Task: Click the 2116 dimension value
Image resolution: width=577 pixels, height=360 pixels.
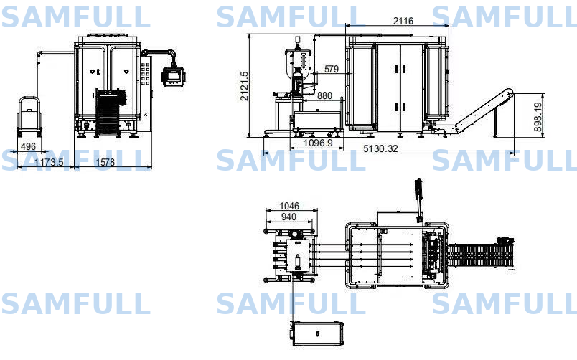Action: [x=403, y=21]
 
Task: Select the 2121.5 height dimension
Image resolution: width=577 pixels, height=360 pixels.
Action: [x=244, y=86]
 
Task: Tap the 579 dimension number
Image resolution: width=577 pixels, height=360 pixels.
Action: [x=331, y=69]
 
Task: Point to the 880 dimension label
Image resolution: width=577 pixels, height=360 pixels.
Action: [x=324, y=95]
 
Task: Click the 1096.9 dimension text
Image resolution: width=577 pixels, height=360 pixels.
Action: [x=318, y=143]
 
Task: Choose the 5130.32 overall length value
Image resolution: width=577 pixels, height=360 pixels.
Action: [x=380, y=148]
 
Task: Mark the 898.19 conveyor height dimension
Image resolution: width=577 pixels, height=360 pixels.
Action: [x=538, y=117]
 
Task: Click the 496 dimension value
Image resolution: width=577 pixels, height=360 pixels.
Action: [x=28, y=146]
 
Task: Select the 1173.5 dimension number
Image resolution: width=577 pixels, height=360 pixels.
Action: [x=49, y=162]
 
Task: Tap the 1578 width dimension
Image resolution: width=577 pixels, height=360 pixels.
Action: [x=105, y=162]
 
